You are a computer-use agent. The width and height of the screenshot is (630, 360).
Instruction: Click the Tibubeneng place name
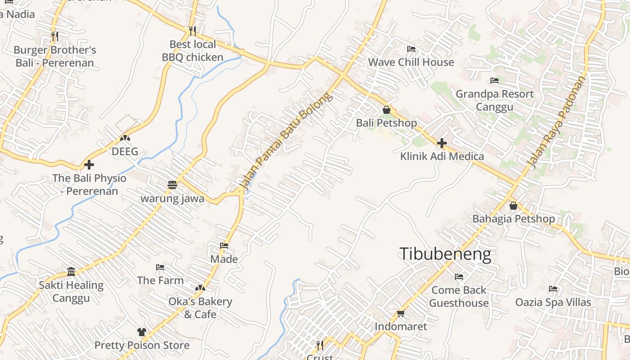pyautogui.click(x=445, y=254)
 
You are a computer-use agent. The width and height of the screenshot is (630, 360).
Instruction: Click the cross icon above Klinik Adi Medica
pyautogui.click(x=442, y=143)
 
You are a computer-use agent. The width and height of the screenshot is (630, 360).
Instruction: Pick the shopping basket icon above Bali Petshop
pyautogui.click(x=386, y=110)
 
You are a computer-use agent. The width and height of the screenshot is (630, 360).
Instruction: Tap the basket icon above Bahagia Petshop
pyautogui.click(x=513, y=206)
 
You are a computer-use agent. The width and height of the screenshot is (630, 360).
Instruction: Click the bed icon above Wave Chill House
pyautogui.click(x=411, y=49)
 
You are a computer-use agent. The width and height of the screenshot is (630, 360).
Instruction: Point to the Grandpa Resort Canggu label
pyautogui.click(x=495, y=100)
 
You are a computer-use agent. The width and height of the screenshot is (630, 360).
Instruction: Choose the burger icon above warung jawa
pyautogui.click(x=172, y=184)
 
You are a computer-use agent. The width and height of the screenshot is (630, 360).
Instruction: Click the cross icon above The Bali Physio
pyautogui.click(x=89, y=165)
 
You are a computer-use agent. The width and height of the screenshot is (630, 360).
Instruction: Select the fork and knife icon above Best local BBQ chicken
pyautogui.click(x=193, y=31)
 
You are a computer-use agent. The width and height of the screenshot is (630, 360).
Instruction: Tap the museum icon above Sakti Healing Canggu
pyautogui.click(x=71, y=271)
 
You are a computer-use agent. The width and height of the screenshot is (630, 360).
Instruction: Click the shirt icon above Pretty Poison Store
pyautogui.click(x=142, y=332)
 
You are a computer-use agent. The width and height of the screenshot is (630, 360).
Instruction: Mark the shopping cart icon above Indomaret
pyautogui.click(x=400, y=313)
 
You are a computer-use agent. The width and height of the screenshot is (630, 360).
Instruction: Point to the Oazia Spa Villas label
pyautogui.click(x=553, y=302)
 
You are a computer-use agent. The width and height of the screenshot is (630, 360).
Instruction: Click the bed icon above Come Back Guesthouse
pyautogui.click(x=459, y=276)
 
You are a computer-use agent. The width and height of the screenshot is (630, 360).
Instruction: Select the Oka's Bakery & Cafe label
pyautogui.click(x=200, y=308)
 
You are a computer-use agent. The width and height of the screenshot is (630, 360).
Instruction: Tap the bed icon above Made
pyautogui.click(x=224, y=246)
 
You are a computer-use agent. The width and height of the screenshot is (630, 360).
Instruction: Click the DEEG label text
pyautogui.click(x=125, y=152)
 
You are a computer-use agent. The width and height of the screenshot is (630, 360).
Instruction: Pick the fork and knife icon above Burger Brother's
pyautogui.click(x=54, y=36)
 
